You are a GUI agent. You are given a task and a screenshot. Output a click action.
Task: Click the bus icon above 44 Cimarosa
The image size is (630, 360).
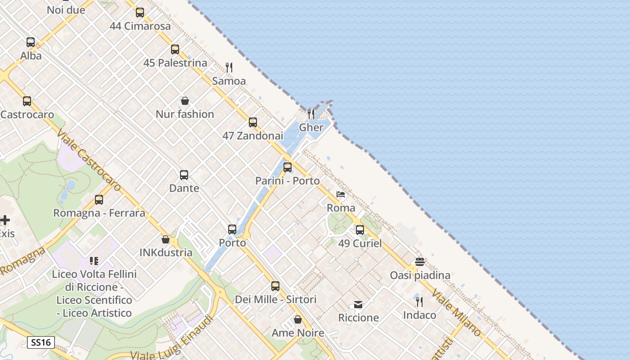140,13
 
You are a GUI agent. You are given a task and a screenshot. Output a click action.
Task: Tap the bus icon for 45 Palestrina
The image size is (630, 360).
175,49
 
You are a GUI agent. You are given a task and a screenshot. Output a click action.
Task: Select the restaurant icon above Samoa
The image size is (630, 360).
229,68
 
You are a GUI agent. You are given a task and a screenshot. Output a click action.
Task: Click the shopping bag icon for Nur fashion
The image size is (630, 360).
184,101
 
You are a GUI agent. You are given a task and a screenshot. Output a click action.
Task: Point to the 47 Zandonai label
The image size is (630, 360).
253,135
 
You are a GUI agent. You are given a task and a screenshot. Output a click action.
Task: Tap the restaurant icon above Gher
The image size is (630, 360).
311,114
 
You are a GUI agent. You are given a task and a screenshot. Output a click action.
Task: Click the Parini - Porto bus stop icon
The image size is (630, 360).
288,167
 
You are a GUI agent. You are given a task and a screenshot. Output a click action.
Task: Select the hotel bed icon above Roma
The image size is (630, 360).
341,194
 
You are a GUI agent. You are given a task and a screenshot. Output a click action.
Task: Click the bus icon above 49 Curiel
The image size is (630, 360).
360,230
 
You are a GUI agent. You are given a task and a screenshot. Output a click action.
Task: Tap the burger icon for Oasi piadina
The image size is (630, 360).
420,261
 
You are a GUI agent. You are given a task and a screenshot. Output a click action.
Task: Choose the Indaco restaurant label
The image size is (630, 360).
419,315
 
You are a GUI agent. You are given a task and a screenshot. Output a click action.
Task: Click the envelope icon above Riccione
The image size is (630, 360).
358,305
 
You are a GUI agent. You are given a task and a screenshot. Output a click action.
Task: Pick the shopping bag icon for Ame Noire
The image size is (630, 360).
298,319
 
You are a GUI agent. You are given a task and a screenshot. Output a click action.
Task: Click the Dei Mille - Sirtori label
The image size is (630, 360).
275,299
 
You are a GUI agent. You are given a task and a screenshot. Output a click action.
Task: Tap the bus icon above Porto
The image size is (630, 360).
232,229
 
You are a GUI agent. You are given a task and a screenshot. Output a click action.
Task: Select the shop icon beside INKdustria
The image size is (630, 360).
166,239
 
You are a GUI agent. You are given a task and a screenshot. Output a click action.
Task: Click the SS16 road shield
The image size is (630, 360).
41,342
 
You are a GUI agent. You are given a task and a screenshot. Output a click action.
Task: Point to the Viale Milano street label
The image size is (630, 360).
456,313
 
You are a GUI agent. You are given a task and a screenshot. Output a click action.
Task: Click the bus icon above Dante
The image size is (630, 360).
184,175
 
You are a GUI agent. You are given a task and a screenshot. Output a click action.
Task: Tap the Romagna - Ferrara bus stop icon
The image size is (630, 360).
99,200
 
